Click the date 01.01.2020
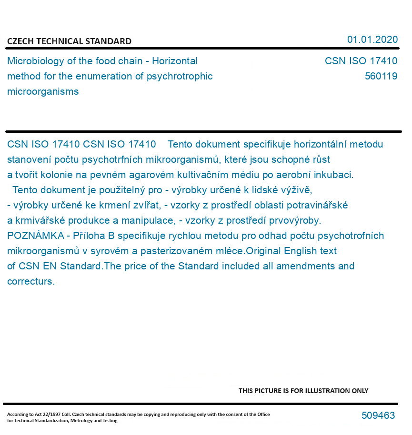pyautogui.click(x=372, y=40)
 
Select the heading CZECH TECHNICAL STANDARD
pyautogui.click(x=69, y=41)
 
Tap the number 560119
pyautogui.click(x=381, y=76)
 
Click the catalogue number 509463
pyautogui.click(x=378, y=415)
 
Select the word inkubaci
pyautogui.click(x=335, y=175)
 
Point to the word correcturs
pyautogui.click(x=30, y=281)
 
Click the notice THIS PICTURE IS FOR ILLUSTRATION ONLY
pyautogui.click(x=303, y=391)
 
